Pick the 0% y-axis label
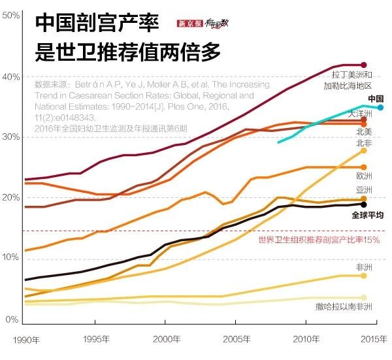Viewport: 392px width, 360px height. [12, 319]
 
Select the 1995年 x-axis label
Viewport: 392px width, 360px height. [95, 340]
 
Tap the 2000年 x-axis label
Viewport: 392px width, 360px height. [165, 340]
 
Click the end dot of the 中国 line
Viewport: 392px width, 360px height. [380, 107]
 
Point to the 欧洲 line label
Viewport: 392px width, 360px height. [364, 176]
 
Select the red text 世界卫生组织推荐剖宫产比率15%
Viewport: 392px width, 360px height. [319, 240]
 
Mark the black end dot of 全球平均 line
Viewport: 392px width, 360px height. [364, 204]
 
